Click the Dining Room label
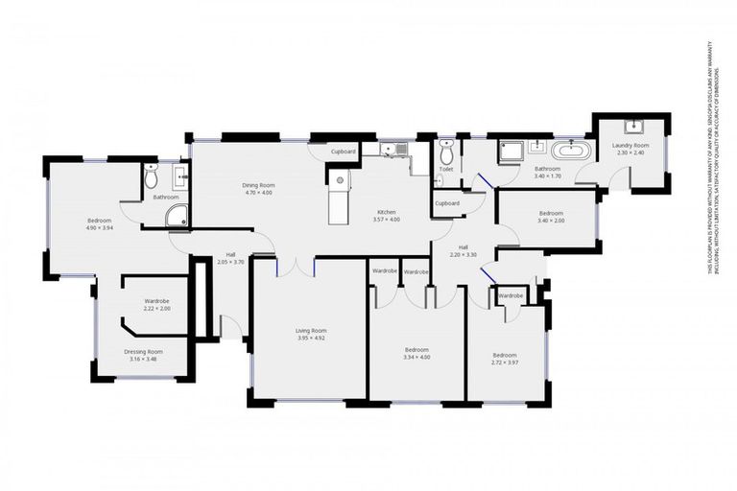(258, 185)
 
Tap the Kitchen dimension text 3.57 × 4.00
(387, 220)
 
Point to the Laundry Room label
(630, 146)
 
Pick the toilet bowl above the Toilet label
(445, 153)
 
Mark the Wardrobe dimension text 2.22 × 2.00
(156, 309)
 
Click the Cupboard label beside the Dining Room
(344, 152)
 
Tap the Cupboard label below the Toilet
(446, 203)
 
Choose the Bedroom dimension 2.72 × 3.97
(505, 363)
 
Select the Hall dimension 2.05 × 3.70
(231, 262)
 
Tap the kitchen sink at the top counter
(393, 149)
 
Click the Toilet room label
(445, 170)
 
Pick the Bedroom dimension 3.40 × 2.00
(551, 221)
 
